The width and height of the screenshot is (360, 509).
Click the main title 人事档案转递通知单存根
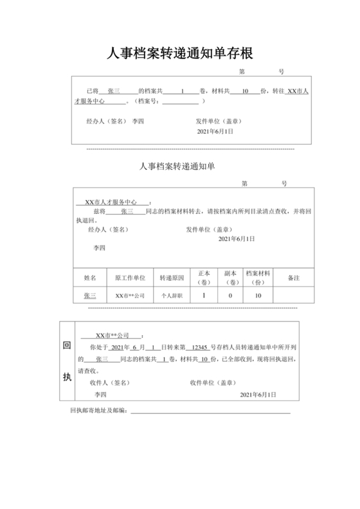tap(180, 53)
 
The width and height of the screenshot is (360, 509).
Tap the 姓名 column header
tap(90, 278)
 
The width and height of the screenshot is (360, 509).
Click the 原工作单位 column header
tap(130, 278)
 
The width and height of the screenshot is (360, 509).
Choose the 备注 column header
tap(294, 278)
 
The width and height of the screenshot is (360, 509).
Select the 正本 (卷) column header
tap(204, 278)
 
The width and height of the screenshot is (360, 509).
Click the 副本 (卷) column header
tap(230, 278)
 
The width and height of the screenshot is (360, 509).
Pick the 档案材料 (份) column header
tap(258, 278)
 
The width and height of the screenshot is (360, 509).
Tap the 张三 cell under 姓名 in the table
tap(90, 296)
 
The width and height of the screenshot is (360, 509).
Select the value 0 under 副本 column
tap(230, 296)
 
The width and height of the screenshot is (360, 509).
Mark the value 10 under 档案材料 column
tap(258, 296)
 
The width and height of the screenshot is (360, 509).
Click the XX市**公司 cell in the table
tap(130, 296)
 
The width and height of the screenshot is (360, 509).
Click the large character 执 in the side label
tap(66, 377)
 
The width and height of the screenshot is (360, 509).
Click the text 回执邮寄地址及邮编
tap(98, 409)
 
